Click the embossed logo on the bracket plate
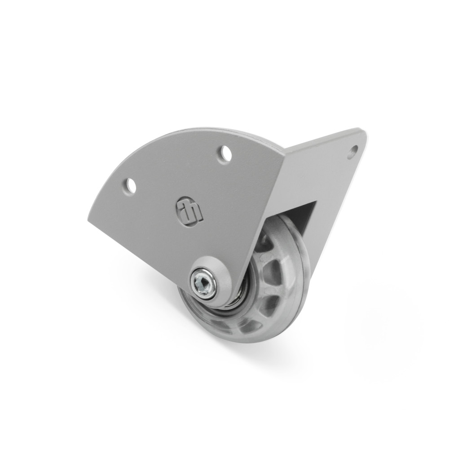[189, 210]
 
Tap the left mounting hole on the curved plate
[130, 185]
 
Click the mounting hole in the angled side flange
[353, 151]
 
